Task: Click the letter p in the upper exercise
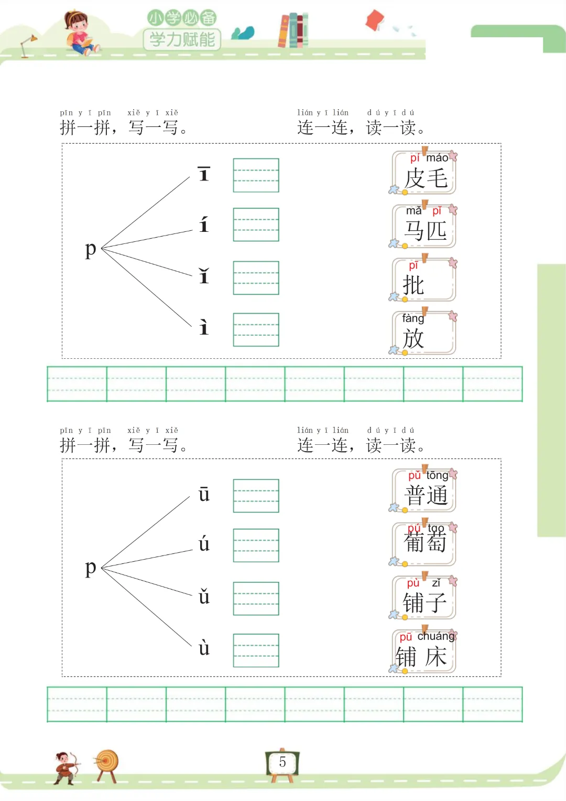[91, 249]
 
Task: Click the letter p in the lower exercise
[91, 567]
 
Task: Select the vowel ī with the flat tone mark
[204, 174]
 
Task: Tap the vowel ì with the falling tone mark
[204, 327]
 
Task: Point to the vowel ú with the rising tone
[204, 544]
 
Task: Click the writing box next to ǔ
[256, 599]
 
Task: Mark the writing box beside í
[256, 225]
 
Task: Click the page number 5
[282, 762]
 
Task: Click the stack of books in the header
[293, 30]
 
